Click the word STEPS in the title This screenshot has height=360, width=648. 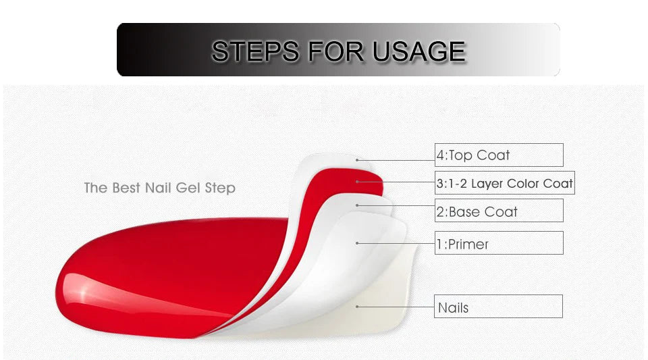point(255,51)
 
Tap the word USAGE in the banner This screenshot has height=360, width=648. point(418,51)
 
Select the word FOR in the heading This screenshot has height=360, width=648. point(335,51)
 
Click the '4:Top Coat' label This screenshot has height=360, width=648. point(473,155)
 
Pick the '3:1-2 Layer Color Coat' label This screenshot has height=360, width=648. point(505,183)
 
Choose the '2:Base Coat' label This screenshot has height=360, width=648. point(477,211)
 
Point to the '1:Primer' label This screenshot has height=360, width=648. point(462,244)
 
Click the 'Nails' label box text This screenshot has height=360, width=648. point(453,307)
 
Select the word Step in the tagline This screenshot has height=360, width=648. point(220,188)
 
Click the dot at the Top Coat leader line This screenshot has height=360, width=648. point(357,160)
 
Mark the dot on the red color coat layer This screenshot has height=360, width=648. point(357,182)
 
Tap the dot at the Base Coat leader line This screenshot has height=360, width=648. point(357,205)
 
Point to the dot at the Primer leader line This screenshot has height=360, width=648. point(357,243)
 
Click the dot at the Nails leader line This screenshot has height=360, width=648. point(357,307)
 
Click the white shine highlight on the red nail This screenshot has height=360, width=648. point(82,292)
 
